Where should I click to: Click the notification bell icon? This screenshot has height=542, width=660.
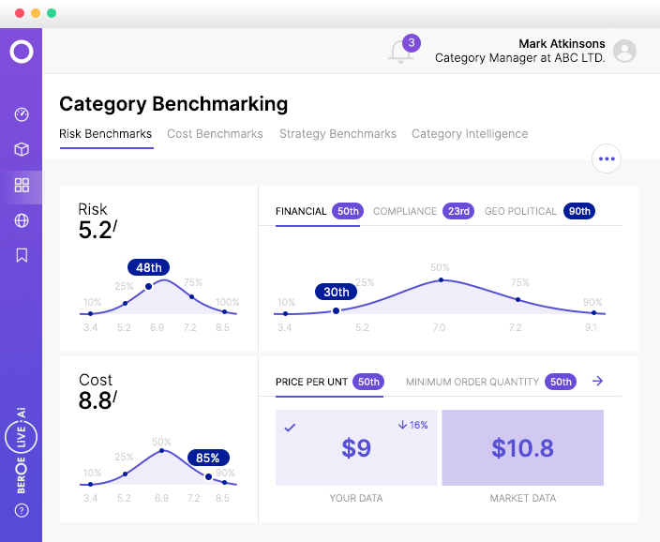pos(401,52)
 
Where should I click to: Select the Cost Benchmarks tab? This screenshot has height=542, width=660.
pos(215,134)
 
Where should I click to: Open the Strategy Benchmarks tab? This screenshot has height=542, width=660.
pos(337,134)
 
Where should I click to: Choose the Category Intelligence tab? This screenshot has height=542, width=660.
pos(470,134)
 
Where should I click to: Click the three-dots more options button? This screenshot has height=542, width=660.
pos(607,158)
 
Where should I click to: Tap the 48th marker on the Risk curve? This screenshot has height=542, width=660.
pos(149,268)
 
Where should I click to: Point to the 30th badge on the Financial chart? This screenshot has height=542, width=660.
pos(337,293)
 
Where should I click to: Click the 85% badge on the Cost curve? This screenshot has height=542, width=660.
pos(208,459)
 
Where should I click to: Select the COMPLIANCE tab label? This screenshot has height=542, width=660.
pos(405,212)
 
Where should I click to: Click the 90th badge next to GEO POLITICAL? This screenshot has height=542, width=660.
pos(579,212)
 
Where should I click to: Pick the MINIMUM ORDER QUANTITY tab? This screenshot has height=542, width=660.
pos(472,382)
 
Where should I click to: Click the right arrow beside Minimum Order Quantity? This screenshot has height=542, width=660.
pos(598,382)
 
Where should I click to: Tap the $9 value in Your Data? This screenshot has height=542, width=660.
pos(356,448)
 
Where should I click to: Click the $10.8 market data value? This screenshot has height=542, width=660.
pos(522,448)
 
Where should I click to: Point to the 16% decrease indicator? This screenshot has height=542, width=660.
pos(412,425)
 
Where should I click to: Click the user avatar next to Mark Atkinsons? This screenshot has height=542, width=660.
pos(624,52)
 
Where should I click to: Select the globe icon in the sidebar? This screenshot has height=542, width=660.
pos(22,220)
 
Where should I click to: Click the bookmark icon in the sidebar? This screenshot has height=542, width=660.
pos(22,255)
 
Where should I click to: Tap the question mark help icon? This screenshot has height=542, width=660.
pos(22,511)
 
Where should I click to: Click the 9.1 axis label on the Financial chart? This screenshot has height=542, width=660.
pos(592,328)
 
